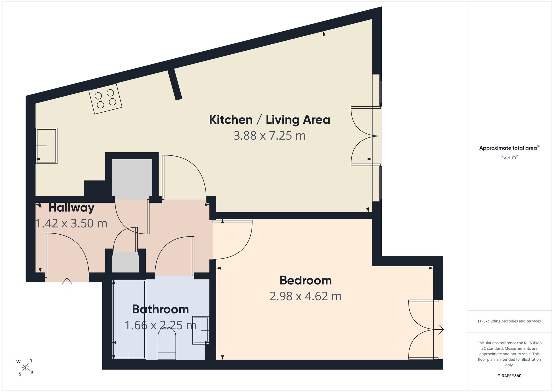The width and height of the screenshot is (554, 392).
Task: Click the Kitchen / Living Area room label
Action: tap(270, 120)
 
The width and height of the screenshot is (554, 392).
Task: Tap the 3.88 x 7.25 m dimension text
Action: tap(270, 136)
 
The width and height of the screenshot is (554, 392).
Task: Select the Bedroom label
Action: tap(306, 280)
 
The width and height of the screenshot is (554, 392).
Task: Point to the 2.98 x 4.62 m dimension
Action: tap(306, 296)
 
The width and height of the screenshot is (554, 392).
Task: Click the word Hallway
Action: tap(71, 208)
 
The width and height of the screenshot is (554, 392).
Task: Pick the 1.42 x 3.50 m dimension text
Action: tap(71, 224)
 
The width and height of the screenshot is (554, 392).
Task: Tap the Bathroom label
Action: tap(160, 309)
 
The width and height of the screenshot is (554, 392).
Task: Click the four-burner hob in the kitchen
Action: tap(105, 99)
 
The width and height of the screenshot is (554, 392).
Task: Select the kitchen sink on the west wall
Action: tap(47, 146)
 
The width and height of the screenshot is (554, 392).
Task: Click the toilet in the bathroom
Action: tap(167, 344)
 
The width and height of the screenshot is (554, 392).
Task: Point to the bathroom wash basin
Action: tap(201, 330)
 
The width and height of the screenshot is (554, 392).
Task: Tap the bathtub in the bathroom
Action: tap(129, 320)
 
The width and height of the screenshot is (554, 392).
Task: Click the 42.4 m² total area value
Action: tap(509, 157)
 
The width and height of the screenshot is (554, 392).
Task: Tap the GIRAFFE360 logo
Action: tap(509, 376)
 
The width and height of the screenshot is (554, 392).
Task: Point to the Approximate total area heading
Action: tap(509, 148)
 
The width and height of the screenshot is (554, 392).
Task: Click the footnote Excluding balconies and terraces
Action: tap(509, 321)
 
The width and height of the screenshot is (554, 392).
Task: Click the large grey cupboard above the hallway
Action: tap(132, 179)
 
